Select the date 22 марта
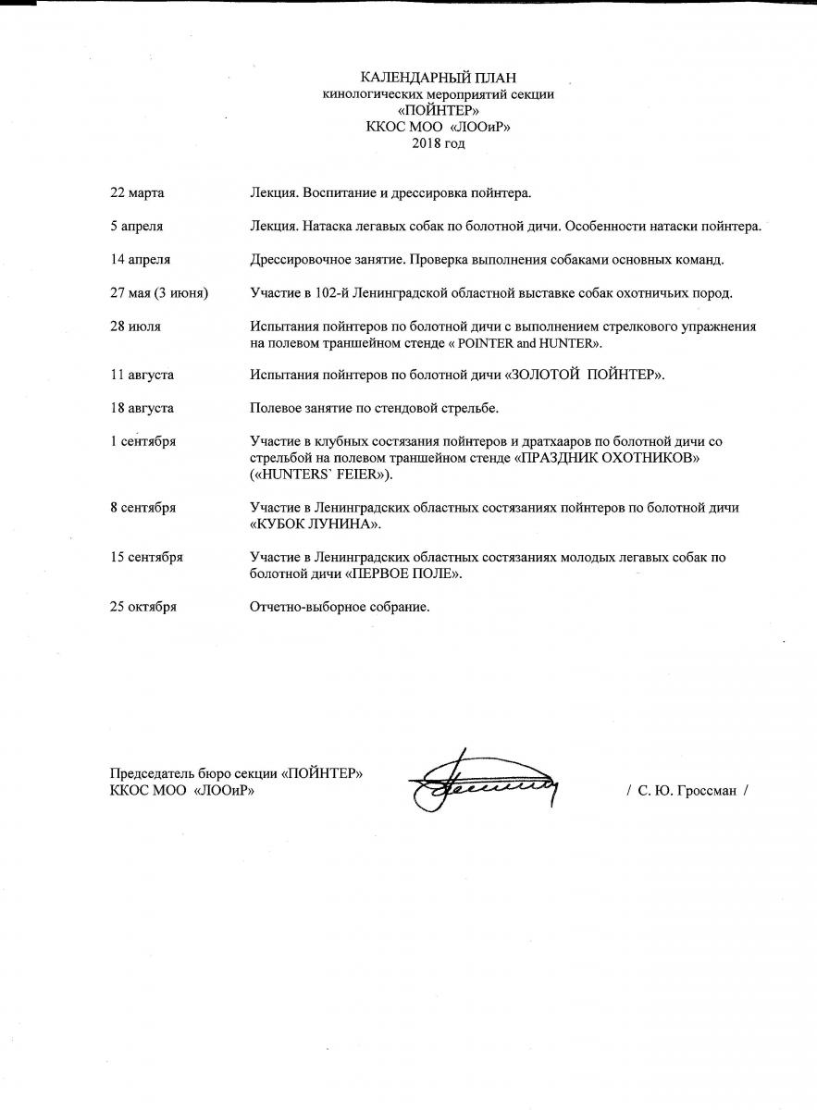(x=137, y=193)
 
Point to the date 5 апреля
(x=137, y=227)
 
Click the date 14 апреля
(x=140, y=260)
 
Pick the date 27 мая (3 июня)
(x=159, y=293)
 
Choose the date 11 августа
(x=142, y=375)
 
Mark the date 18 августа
(x=142, y=408)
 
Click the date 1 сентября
(x=142, y=441)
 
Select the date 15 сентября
(x=146, y=557)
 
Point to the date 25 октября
(x=142, y=607)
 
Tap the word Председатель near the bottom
(x=153, y=774)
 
